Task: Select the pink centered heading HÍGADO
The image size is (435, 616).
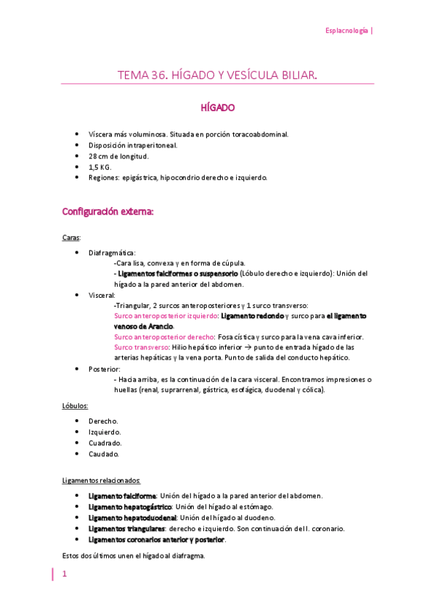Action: click(217, 108)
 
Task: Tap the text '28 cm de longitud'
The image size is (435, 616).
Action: click(118, 156)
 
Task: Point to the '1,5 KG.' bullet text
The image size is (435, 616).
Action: click(100, 167)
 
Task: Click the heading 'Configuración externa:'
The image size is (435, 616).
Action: click(107, 212)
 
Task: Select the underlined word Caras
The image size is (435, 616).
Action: click(72, 238)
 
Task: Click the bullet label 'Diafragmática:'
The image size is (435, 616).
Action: click(112, 253)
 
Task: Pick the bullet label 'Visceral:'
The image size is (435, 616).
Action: click(102, 296)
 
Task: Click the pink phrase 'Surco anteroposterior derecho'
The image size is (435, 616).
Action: click(164, 337)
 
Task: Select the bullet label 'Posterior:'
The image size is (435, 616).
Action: click(105, 369)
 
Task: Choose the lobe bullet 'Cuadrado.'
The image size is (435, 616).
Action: click(105, 443)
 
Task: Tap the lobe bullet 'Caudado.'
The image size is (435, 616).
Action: click(104, 454)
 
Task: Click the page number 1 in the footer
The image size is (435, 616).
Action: click(64, 574)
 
